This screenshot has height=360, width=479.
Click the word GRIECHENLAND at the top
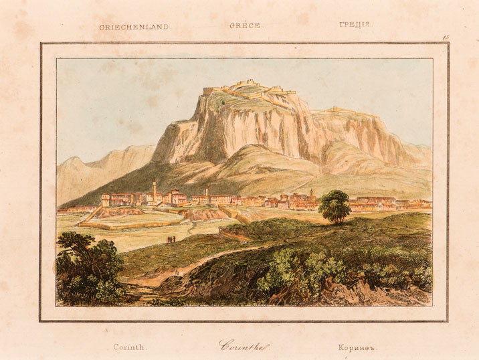(134, 27)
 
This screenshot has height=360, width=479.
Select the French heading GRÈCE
(245, 25)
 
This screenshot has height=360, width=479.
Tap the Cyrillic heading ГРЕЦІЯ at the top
(355, 25)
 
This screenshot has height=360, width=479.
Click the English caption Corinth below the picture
(130, 347)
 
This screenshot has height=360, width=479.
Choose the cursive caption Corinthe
(244, 346)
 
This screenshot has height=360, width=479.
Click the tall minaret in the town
(154, 191)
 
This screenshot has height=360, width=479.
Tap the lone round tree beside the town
(334, 206)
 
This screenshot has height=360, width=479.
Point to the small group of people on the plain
(171, 239)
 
